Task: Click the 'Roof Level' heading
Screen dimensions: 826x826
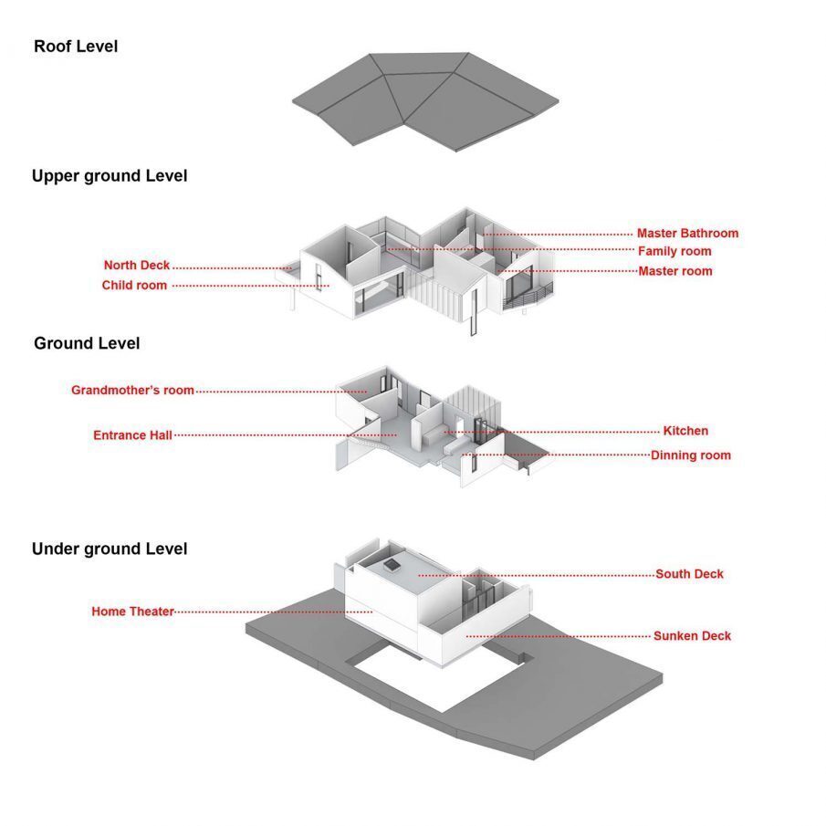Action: pos(76,47)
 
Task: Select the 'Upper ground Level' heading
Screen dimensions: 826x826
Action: pos(110,176)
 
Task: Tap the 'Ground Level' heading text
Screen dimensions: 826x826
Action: pos(87,343)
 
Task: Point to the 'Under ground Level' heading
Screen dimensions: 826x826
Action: pos(110,549)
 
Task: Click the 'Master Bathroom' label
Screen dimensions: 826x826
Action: pos(687,234)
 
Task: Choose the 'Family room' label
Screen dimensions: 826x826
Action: pos(674,251)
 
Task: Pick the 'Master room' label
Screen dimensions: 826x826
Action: pos(675,271)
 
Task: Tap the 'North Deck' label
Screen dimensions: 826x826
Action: pos(136,265)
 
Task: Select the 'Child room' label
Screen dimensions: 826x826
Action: pos(134,285)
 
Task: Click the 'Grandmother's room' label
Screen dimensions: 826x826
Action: pos(132,390)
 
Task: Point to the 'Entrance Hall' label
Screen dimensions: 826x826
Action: pos(132,435)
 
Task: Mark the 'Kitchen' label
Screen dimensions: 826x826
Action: pos(685,431)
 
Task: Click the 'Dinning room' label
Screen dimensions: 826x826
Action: pos(691,455)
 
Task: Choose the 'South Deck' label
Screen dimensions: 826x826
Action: pos(690,574)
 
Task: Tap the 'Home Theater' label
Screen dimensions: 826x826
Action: pos(132,612)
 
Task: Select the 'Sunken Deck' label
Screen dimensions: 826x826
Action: pos(692,636)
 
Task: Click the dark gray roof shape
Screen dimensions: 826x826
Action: pos(425,100)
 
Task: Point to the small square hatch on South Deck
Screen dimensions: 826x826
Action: pos(392,565)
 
